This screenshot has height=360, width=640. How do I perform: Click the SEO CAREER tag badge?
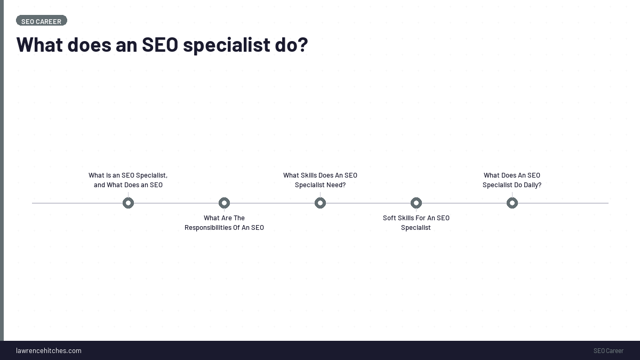[42, 21]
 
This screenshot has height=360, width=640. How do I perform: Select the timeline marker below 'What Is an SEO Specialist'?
[128, 203]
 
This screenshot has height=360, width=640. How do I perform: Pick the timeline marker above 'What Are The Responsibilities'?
[224, 203]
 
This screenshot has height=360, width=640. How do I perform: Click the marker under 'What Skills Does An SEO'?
[320, 203]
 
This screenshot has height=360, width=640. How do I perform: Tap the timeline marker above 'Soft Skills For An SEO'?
[416, 203]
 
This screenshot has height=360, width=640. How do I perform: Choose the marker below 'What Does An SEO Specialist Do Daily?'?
[512, 203]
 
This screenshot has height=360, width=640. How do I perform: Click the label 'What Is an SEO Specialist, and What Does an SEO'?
[128, 180]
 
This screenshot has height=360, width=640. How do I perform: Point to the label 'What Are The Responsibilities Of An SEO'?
[224, 223]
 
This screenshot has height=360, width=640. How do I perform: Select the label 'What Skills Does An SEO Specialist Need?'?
[320, 180]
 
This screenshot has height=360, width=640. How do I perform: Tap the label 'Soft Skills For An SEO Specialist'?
[416, 223]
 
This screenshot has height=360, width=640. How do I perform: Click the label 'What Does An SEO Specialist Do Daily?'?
[512, 180]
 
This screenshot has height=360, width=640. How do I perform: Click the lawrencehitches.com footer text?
[49, 350]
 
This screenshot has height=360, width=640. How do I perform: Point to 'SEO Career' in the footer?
[608, 350]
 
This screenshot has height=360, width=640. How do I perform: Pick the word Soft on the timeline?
[390, 218]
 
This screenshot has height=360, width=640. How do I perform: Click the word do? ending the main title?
[291, 44]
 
